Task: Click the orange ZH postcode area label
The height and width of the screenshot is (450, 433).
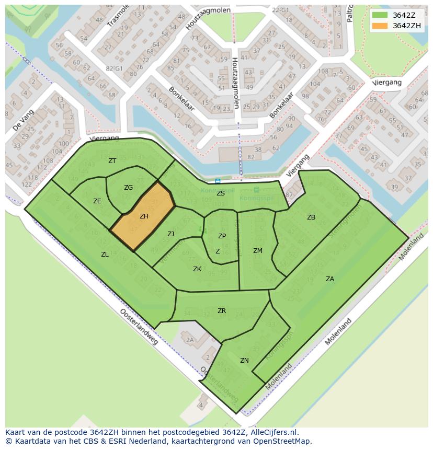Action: pyautogui.click(x=144, y=216)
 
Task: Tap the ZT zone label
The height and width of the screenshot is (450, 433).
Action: pyautogui.click(x=112, y=161)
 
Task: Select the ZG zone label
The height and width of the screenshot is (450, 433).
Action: pyautogui.click(x=128, y=188)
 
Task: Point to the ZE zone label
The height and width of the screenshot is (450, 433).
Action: pyautogui.click(x=97, y=201)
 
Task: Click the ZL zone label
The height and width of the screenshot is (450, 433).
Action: pyautogui.click(x=105, y=255)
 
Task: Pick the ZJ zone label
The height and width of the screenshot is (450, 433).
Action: pyautogui.click(x=170, y=234)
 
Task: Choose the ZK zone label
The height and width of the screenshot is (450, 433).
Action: pyautogui.click(x=197, y=269)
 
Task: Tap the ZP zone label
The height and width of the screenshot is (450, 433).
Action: pyautogui.click(x=222, y=236)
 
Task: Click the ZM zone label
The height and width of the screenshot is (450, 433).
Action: pyautogui.click(x=257, y=251)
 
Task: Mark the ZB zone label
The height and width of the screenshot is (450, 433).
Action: pyautogui.click(x=311, y=217)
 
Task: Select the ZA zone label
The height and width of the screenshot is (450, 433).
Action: pyautogui.click(x=330, y=279)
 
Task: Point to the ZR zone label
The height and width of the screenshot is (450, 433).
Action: pyautogui.click(x=222, y=311)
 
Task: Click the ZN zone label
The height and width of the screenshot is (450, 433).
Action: pyautogui.click(x=244, y=361)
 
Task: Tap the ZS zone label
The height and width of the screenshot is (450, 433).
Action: pyautogui.click(x=221, y=193)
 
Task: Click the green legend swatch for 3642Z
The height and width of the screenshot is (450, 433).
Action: pyautogui.click(x=380, y=15)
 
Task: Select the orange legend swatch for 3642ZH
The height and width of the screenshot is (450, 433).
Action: pyautogui.click(x=380, y=26)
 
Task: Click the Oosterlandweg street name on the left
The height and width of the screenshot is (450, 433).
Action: pyautogui.click(x=139, y=326)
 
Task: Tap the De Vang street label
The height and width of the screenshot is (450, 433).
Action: pyautogui.click(x=24, y=120)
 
